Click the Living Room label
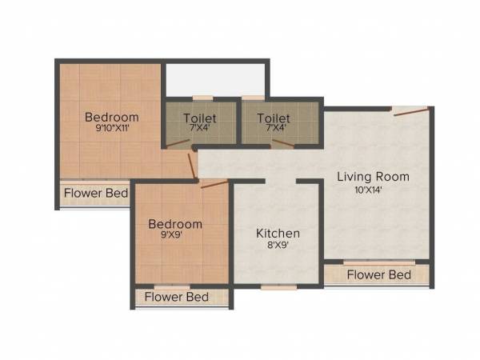pos(372,176)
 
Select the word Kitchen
pos(278,233)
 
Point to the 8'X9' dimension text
pos(278,248)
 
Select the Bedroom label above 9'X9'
pos(175,223)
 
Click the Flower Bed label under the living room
pos(379,275)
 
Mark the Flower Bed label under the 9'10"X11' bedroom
pos(96,193)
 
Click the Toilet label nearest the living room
pos(273,118)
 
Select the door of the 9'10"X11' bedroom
pos(192,166)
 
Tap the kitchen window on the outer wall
pos(278,286)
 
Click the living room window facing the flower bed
pos(379,262)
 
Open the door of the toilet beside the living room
pos(282,144)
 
